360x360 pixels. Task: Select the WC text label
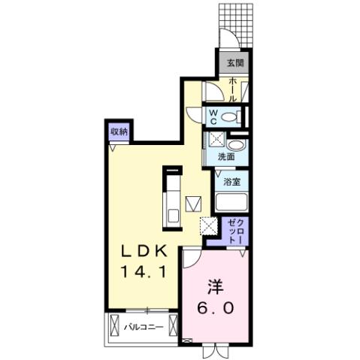(x=213, y=117)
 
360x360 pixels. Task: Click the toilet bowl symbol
(x=236, y=117)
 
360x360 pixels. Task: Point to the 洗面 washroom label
(x=227, y=157)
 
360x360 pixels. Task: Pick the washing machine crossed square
(x=216, y=138)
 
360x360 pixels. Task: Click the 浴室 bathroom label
(x=231, y=182)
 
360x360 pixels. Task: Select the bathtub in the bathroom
(x=231, y=203)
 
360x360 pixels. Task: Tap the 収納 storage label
(x=119, y=132)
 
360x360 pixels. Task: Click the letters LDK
(x=139, y=251)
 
